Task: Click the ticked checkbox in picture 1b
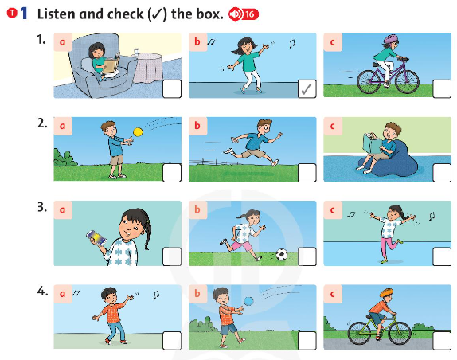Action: coord(307,89)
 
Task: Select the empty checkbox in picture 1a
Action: coord(171,89)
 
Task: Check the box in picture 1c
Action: coord(441,89)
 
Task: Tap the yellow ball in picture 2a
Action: coord(137,131)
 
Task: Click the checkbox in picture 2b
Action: coord(307,172)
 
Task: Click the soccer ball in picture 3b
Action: coord(280,256)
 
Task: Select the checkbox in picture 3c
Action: coord(441,256)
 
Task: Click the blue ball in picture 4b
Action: coord(248,300)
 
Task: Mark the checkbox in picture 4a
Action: coord(171,340)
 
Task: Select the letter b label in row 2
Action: coord(199,125)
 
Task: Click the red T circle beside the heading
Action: coord(10,14)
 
